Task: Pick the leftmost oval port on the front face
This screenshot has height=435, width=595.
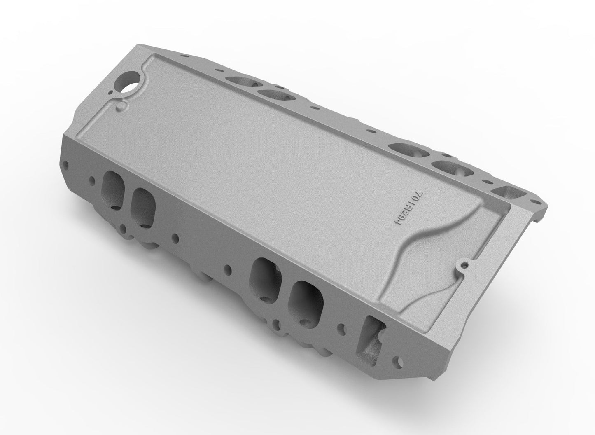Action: tap(113, 188)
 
